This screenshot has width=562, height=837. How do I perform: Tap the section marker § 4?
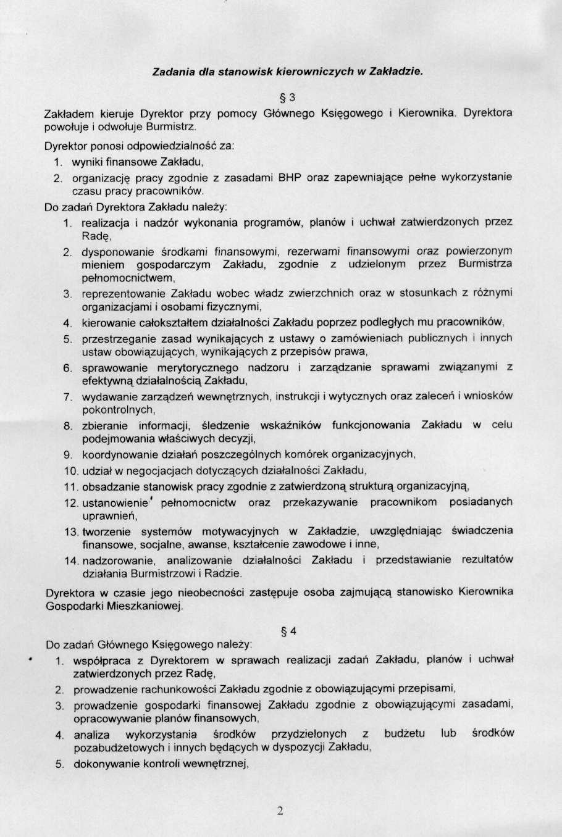point(288,631)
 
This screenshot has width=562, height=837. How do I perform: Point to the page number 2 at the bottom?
point(280,810)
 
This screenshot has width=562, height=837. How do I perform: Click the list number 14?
point(70,561)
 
